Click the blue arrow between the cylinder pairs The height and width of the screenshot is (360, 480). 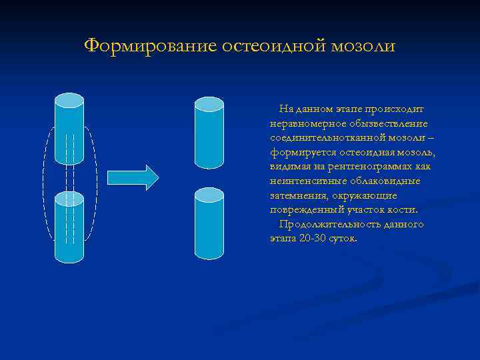133,177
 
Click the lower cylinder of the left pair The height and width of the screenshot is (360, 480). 69,227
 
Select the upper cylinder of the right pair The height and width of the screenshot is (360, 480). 209,133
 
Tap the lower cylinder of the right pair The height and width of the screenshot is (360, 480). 209,223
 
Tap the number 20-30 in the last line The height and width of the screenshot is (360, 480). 311,239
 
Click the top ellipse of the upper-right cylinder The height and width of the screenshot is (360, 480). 209,104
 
